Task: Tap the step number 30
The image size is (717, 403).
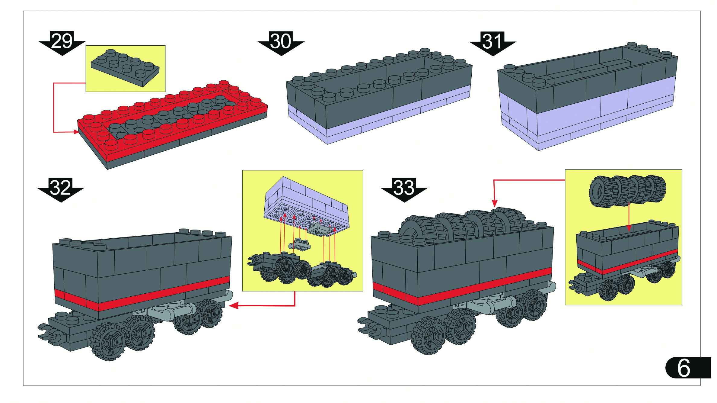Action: point(281,41)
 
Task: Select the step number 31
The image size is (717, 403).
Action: point(492,41)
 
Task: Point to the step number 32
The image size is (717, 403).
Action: point(61,188)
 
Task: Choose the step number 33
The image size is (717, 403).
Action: point(404,188)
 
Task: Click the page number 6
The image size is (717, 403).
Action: point(684,368)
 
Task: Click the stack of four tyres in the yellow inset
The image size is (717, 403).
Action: point(628,191)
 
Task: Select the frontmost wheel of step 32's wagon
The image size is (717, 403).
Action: point(108,342)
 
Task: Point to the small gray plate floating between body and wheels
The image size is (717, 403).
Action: point(299,245)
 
